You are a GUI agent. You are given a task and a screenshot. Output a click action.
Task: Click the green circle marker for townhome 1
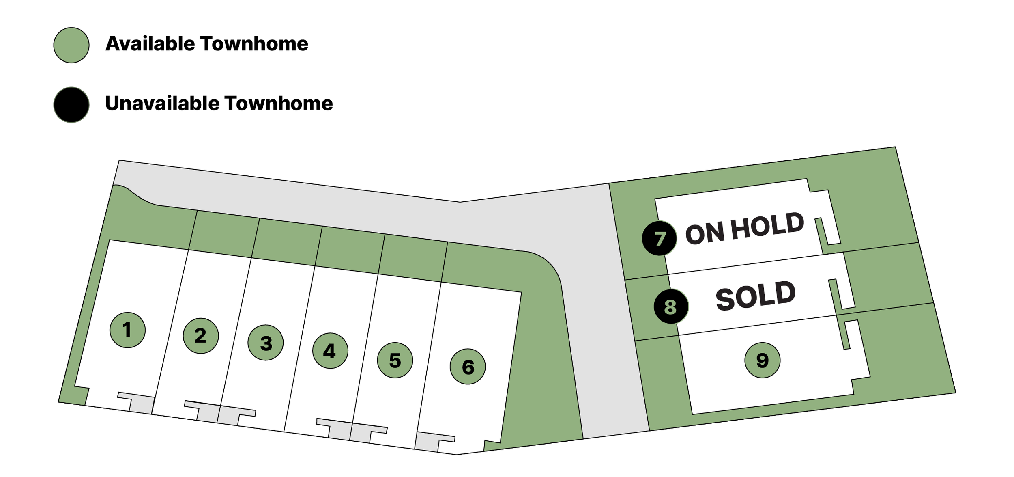click(127, 330)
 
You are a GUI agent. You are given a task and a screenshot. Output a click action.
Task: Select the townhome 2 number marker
click(201, 336)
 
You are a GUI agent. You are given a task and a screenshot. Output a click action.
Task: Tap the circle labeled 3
click(266, 343)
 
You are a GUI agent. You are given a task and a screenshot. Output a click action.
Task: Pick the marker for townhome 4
click(330, 351)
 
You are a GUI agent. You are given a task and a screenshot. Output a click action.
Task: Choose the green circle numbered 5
click(395, 360)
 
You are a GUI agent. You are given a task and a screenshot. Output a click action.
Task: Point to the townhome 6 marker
click(468, 367)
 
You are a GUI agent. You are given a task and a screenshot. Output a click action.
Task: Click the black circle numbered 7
click(659, 238)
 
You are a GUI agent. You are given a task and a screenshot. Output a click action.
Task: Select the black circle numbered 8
click(671, 306)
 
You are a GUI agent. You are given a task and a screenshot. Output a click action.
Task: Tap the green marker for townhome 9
click(763, 360)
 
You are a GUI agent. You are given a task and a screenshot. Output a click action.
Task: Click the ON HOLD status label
click(745, 229)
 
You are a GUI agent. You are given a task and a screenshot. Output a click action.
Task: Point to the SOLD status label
click(755, 296)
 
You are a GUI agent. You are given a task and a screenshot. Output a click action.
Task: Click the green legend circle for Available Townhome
click(71, 45)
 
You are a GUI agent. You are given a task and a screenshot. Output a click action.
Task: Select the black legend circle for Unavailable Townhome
click(71, 105)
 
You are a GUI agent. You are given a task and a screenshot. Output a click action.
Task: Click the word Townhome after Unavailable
click(279, 104)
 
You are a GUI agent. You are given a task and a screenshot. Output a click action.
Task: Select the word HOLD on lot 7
click(767, 226)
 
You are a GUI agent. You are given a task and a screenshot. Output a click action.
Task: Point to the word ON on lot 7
click(705, 234)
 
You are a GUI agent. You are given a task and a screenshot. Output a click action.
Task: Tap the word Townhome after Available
click(254, 44)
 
